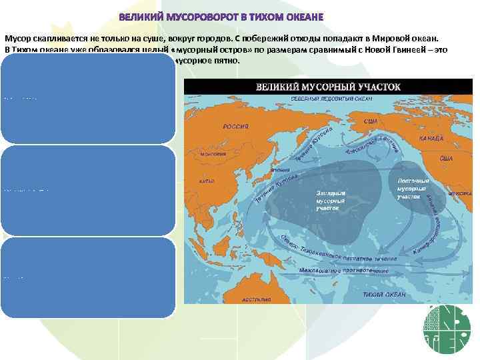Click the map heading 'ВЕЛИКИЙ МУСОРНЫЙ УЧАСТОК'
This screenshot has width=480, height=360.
coord(328,87)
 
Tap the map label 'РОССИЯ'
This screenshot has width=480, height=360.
coord(235,126)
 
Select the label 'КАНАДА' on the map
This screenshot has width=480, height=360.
coord(431,138)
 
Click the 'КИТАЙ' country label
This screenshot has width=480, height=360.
coord(207,181)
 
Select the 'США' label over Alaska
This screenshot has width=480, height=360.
coord(373,122)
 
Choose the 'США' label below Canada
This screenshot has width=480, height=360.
coord(446,159)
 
